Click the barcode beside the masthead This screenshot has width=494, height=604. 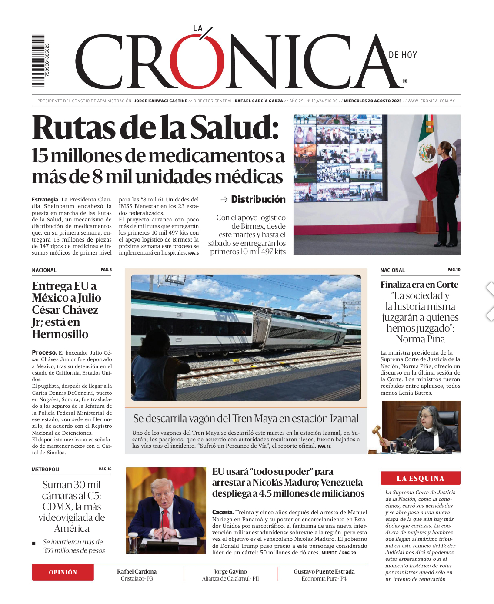[38, 60]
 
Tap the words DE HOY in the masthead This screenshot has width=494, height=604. [403, 55]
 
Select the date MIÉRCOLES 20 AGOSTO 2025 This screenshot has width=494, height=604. [373, 101]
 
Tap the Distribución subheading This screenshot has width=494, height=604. [258, 199]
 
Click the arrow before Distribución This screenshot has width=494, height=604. [224, 200]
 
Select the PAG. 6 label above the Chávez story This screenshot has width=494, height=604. [106, 270]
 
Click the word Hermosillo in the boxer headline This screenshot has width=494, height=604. [60, 334]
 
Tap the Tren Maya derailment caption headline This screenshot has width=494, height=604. [246, 419]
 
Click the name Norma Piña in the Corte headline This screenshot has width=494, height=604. [420, 339]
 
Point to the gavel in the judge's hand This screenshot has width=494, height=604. [377, 432]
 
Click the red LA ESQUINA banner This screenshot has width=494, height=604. [420, 478]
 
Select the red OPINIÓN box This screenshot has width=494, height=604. [63, 572]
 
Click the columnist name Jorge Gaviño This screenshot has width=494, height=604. [230, 571]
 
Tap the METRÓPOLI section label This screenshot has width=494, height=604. [46, 470]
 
